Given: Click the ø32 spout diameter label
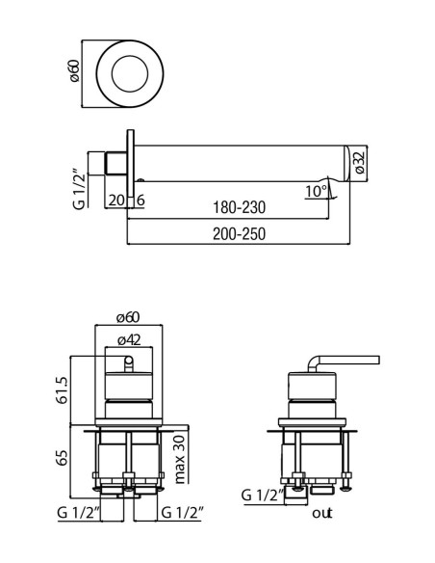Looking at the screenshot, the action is tap(360, 163).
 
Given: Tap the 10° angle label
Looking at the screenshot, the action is tap(316, 192).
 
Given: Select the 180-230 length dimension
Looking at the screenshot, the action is tap(239, 207).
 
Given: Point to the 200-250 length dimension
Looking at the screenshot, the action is tap(239, 234).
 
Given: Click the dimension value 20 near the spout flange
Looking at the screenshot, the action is tap(116, 201).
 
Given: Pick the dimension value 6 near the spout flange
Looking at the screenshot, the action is tap(141, 201).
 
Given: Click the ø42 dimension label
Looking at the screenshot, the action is tap(129, 340).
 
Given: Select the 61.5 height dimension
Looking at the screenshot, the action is tap(62, 390).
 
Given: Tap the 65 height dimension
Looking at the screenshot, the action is tap(62, 458).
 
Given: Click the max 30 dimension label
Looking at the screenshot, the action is tap(179, 459).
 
